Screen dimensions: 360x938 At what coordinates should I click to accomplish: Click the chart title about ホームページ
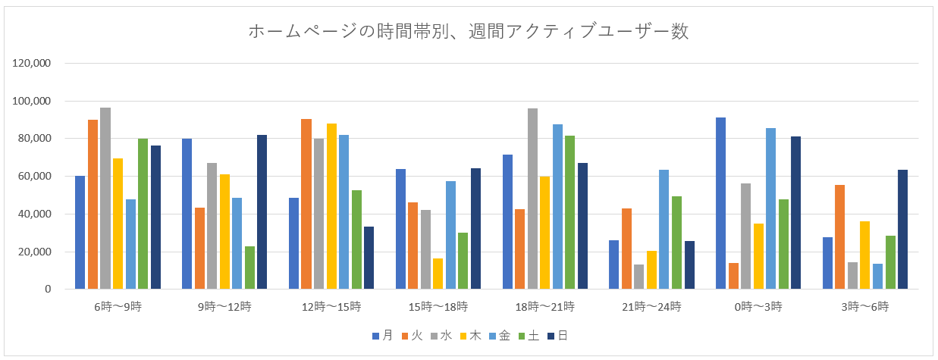[x=468, y=32]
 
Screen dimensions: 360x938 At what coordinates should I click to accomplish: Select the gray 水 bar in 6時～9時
[x=105, y=199]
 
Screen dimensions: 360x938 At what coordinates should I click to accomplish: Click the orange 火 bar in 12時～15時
[x=306, y=204]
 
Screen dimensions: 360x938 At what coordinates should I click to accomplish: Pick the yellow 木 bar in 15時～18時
[x=438, y=274]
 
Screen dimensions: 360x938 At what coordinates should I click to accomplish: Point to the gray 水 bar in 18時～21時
[x=533, y=199]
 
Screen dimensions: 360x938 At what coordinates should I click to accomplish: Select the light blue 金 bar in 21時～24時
[x=664, y=230]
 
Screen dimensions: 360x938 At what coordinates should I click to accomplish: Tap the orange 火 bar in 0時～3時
[x=733, y=276]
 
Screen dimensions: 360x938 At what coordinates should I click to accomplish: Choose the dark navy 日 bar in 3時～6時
[x=903, y=230]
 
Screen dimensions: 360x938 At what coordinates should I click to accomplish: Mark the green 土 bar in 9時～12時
[x=250, y=268]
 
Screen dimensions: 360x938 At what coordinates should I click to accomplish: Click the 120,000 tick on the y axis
[x=32, y=64]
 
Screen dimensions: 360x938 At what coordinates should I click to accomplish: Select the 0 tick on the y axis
[x=47, y=290]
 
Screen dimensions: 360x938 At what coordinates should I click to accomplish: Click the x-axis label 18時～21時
[x=544, y=307]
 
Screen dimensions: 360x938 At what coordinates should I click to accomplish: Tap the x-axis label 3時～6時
[x=864, y=307]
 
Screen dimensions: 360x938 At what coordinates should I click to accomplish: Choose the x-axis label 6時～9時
[x=117, y=307]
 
